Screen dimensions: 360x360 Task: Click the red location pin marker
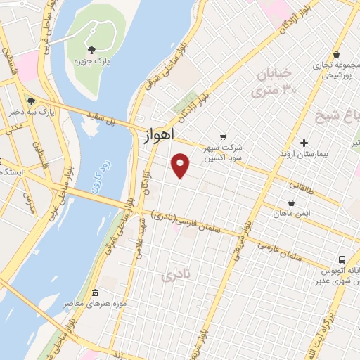pyautogui.click(x=181, y=165)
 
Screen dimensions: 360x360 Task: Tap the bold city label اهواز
pyautogui.click(x=162, y=135)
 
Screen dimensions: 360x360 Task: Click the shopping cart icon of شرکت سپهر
pyautogui.click(x=224, y=136)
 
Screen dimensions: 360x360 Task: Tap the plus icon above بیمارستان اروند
pyautogui.click(x=304, y=142)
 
